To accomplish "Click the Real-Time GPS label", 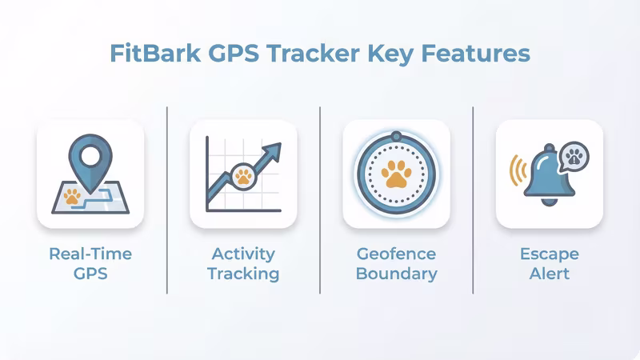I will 90,263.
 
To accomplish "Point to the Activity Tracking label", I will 243,263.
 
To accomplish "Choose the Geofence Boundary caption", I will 397,263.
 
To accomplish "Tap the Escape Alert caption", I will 550,263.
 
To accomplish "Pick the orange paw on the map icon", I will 73,194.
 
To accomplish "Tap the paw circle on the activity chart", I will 243,175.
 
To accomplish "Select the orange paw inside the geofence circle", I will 396,174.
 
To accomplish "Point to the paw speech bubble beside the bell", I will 572,156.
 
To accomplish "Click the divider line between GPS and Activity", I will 167,200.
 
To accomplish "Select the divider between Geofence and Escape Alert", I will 474,200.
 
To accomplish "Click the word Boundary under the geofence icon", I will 397,274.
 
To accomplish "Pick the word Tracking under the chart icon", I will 243,274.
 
